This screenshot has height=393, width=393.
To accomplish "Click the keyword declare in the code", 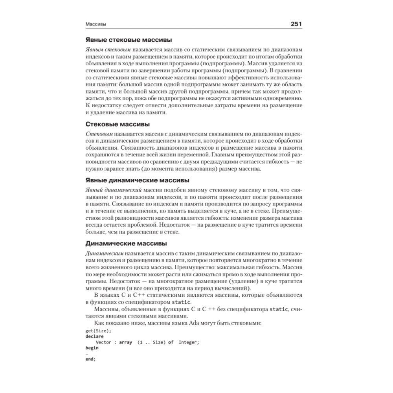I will click(95, 336).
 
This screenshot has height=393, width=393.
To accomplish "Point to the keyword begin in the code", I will click(92, 348).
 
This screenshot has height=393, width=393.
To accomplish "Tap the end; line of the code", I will click(90, 359).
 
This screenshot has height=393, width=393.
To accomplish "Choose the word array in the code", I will click(125, 342).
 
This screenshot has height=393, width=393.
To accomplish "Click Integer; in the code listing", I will click(189, 342).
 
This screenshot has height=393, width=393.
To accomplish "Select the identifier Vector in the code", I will click(103, 342).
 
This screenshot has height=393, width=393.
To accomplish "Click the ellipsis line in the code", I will click(87, 354).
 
